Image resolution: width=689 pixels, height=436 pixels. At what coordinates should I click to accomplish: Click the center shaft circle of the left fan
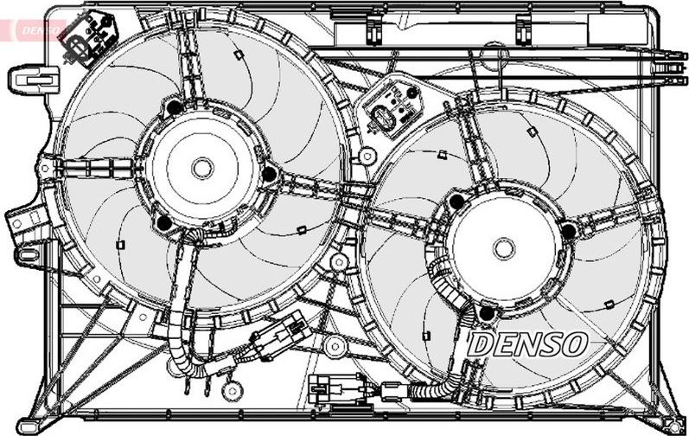[x=202, y=169]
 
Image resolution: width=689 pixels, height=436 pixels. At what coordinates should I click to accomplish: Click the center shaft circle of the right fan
[x=504, y=249]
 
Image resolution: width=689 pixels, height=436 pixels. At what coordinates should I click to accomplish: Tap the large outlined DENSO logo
[x=526, y=344]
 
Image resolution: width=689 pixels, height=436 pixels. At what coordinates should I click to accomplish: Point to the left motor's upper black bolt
[x=175, y=107]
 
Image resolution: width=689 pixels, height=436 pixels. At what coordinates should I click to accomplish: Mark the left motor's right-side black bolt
[x=270, y=174]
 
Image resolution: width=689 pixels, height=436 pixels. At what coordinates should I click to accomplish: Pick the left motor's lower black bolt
[x=164, y=223]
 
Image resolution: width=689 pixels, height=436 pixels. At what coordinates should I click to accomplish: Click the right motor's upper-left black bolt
[x=457, y=202]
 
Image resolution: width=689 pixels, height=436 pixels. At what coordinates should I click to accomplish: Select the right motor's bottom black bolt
[x=487, y=313]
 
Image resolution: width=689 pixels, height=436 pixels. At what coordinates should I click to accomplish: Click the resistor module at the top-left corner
[x=89, y=38]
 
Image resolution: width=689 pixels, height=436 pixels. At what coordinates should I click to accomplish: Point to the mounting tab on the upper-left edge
[x=34, y=80]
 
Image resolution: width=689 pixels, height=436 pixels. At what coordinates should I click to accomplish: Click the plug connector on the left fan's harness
[x=280, y=337]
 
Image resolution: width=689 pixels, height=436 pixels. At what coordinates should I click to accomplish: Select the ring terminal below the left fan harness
[x=232, y=389]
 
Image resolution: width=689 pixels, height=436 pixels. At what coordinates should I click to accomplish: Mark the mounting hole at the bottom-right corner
[x=671, y=426]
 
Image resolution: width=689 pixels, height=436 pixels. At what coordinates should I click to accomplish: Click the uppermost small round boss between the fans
[x=367, y=155]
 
